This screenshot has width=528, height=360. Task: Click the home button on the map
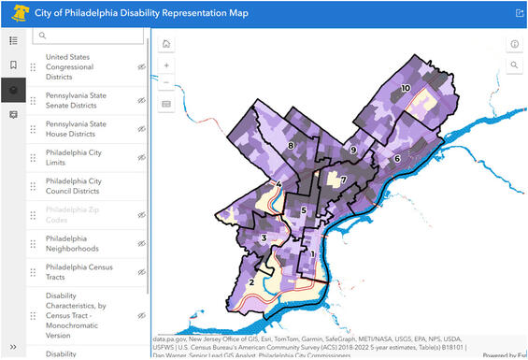coord(166,44)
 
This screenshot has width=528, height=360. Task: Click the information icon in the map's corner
coord(514,44)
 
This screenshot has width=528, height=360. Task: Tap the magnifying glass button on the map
coord(514,65)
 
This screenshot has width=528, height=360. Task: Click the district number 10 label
coord(406,88)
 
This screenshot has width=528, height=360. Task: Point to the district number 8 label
coord(292,146)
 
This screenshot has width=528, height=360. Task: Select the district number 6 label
coord(397,159)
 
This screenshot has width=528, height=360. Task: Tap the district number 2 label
coord(250,282)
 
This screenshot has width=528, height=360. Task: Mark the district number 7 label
coord(343,180)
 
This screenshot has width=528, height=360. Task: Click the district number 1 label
coord(312,253)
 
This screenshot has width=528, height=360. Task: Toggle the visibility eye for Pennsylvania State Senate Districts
coord(142,100)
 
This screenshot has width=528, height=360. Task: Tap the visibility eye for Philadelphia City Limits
coord(142,158)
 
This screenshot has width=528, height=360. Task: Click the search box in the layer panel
coord(90,36)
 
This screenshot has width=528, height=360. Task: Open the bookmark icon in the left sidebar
coord(13,65)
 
